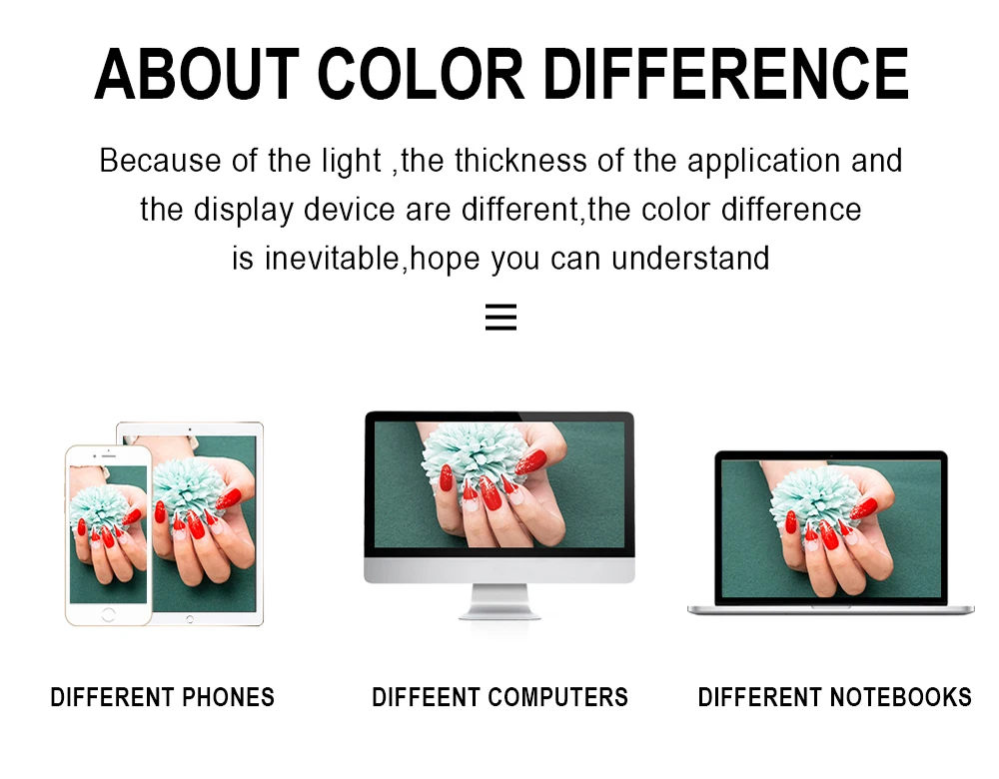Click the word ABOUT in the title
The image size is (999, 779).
click(x=197, y=75)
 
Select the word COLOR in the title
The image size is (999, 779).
click(x=420, y=75)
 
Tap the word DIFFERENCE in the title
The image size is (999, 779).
click(x=726, y=75)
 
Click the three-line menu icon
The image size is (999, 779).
click(x=500, y=317)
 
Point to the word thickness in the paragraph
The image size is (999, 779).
click(x=520, y=160)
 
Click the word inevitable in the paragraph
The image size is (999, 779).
click(x=332, y=259)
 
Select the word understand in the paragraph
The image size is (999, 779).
click(x=690, y=259)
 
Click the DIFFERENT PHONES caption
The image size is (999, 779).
click(x=163, y=697)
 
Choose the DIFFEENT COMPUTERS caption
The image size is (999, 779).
click(x=500, y=697)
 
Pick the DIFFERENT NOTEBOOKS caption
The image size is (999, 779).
click(x=834, y=697)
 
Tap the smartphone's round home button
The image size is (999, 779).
click(x=108, y=614)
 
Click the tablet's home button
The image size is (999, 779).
click(x=189, y=619)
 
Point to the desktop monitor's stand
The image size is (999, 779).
click(x=499, y=600)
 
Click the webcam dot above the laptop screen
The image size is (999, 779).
click(x=831, y=455)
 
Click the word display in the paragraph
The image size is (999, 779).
click(x=244, y=210)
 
